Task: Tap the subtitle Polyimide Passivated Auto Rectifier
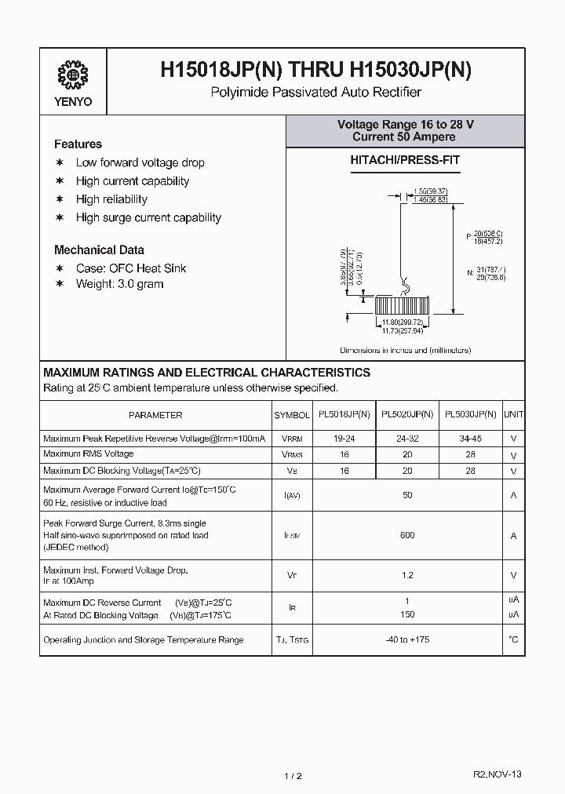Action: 315,93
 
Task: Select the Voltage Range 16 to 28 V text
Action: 405,125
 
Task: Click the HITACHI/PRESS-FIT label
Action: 405,160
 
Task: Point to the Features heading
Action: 78,144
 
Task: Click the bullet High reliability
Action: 111,199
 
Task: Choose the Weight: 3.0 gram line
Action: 119,284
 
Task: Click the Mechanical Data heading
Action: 99,250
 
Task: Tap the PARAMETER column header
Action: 155,415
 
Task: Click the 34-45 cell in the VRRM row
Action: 470,439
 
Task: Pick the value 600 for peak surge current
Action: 406,535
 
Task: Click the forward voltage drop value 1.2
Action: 406,575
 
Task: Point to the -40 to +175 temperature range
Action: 406,640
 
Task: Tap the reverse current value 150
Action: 406,614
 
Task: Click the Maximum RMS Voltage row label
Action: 88,453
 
